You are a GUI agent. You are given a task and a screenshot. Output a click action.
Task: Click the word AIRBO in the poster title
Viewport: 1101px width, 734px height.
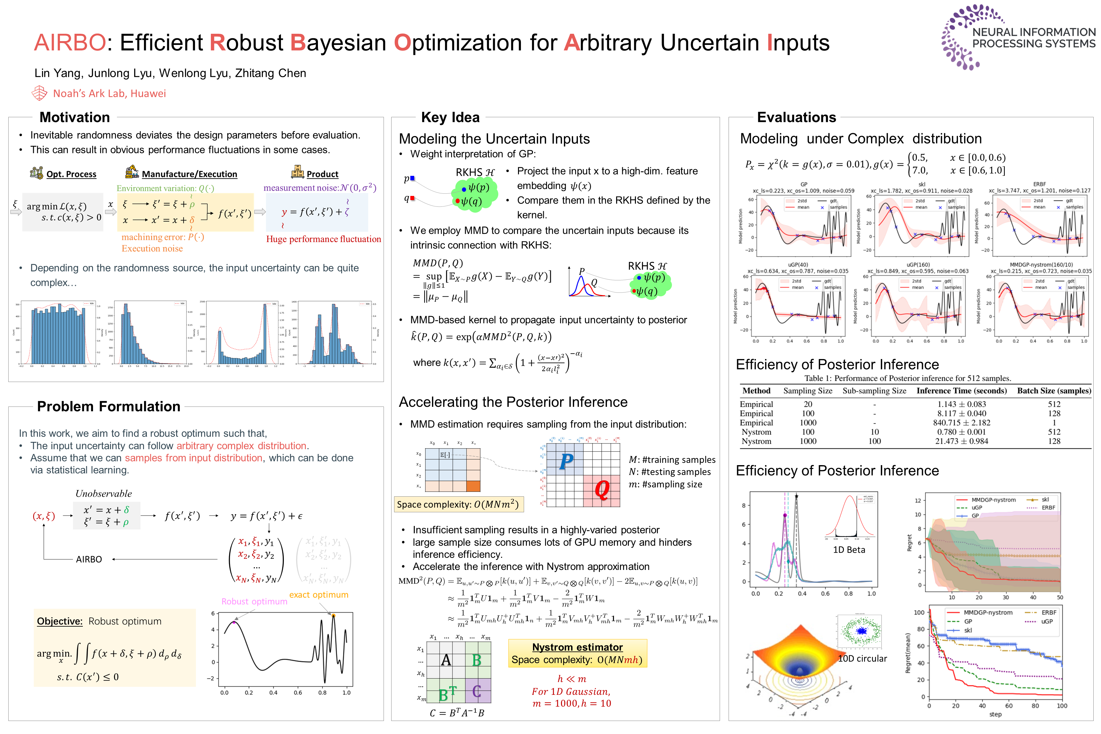pyautogui.click(x=70, y=43)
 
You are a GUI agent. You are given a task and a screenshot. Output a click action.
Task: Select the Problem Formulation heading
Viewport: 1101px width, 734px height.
pyautogui.click(x=109, y=406)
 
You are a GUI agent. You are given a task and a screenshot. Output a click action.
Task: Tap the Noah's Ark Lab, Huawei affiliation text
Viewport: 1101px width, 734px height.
pyautogui.click(x=110, y=94)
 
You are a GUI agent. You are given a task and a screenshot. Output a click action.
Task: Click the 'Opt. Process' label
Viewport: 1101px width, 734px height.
pyautogui.click(x=71, y=174)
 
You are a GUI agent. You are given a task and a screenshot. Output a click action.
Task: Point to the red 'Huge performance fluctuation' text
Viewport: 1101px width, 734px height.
pyautogui.click(x=323, y=239)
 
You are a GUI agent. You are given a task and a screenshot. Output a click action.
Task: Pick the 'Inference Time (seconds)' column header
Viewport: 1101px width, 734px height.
pyautogui.click(x=961, y=391)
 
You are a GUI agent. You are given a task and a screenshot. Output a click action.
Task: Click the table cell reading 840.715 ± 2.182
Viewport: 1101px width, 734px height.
pyautogui.click(x=961, y=423)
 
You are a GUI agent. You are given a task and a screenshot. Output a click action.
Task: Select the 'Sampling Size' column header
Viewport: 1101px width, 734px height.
pyautogui.click(x=808, y=391)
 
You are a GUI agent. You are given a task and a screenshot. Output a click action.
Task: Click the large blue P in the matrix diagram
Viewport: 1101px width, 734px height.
pyautogui.click(x=566, y=461)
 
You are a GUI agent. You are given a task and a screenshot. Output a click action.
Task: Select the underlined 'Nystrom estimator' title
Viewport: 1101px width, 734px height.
pyautogui.click(x=577, y=647)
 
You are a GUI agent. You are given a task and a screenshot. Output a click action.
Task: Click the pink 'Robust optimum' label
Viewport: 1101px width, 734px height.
pyautogui.click(x=254, y=601)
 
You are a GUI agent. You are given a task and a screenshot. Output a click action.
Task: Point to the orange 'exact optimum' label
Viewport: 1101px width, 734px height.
pyautogui.click(x=319, y=595)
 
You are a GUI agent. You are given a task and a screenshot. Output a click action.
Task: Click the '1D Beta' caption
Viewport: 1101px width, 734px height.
pyautogui.click(x=849, y=550)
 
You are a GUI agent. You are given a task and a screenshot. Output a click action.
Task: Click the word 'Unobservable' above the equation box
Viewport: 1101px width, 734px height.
pyautogui.click(x=104, y=494)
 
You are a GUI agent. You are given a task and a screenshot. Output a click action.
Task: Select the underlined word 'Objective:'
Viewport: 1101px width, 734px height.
pyautogui.click(x=60, y=621)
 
